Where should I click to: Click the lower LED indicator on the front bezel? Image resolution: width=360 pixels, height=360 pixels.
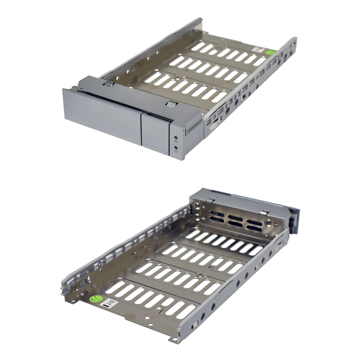pos(176,147)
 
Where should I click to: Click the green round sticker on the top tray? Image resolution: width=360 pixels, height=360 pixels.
pos(270,52)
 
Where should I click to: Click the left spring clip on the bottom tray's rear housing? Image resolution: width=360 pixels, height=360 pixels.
pos(211,199)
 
